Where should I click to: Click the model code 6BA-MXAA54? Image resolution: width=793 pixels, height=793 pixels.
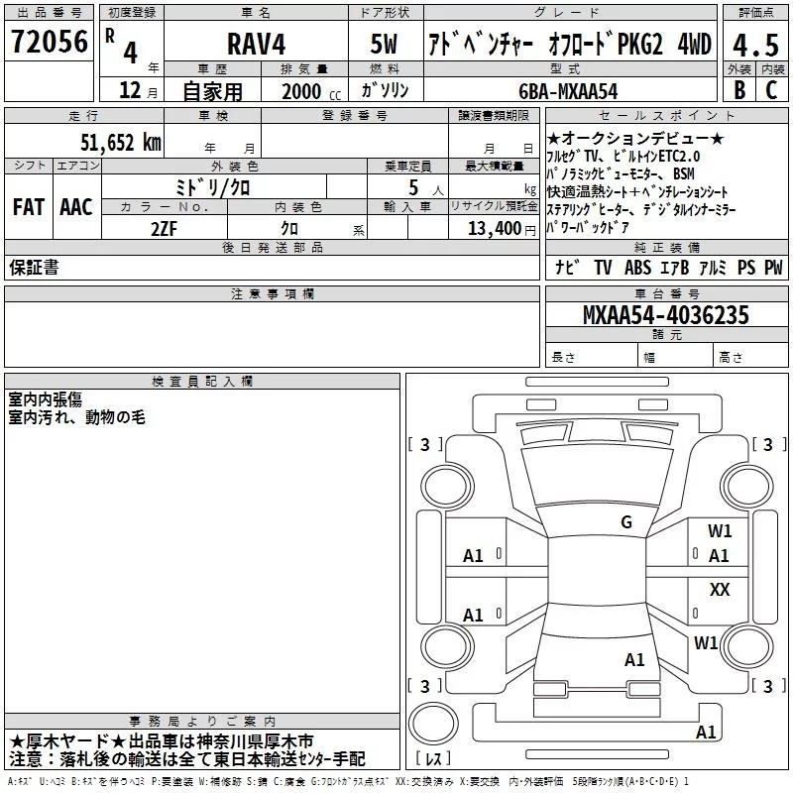(567, 90)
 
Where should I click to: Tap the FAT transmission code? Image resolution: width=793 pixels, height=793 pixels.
(28, 207)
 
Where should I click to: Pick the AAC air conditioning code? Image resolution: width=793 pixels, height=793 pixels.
(76, 207)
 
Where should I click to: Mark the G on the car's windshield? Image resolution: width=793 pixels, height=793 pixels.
(625, 522)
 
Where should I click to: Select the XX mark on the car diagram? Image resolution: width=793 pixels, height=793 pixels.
(720, 589)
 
